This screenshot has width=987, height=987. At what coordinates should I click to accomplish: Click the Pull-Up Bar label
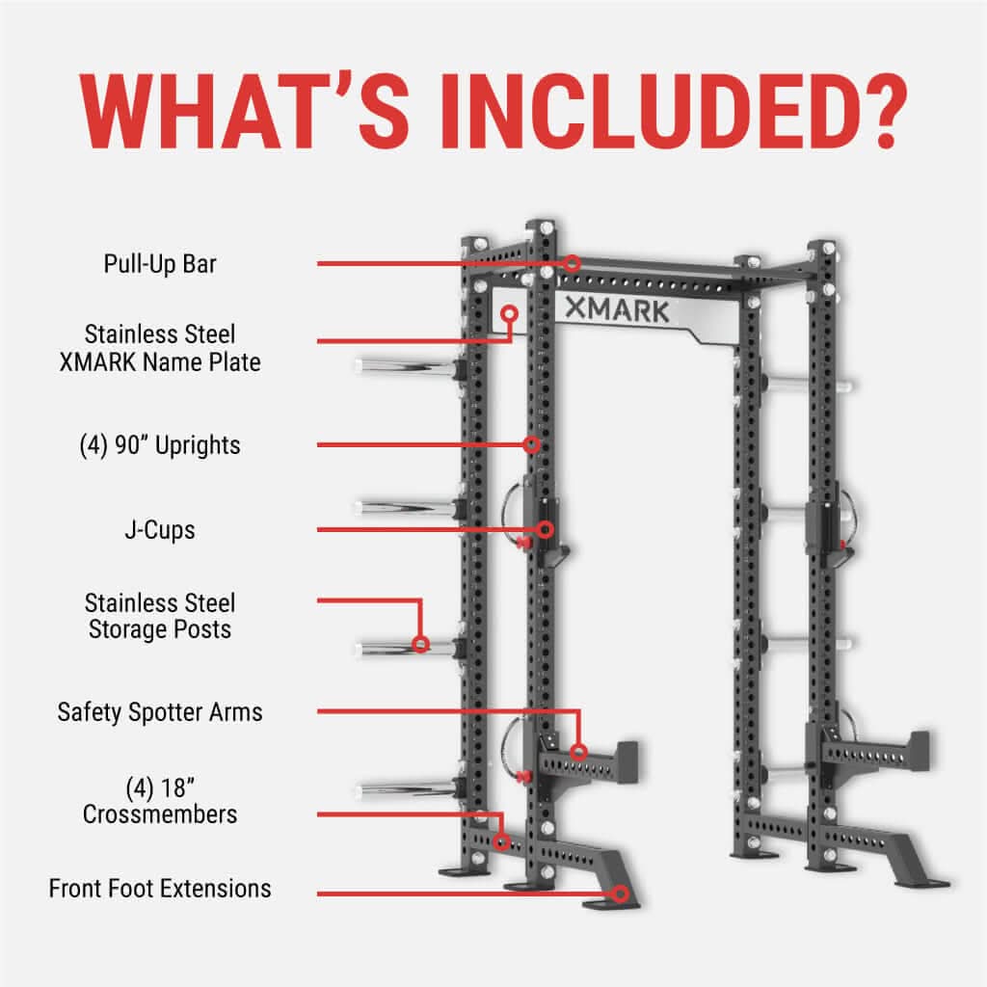pyautogui.click(x=160, y=263)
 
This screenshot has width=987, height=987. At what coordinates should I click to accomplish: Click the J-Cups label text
pyautogui.click(x=160, y=530)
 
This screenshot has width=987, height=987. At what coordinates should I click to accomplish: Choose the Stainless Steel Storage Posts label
pyautogui.click(x=160, y=616)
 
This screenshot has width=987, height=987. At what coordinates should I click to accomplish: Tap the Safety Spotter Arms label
pyautogui.click(x=160, y=712)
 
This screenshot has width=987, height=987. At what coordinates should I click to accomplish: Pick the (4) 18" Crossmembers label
pyautogui.click(x=160, y=801)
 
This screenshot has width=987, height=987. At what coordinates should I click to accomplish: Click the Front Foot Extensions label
pyautogui.click(x=160, y=888)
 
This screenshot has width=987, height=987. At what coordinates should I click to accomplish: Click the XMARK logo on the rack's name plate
pyautogui.click(x=615, y=310)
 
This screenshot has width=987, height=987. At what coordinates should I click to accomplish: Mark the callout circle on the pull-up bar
pyautogui.click(x=573, y=262)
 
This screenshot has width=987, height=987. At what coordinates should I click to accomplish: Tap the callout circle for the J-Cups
pyautogui.click(x=546, y=529)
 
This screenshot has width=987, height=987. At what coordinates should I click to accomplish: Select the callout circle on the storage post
pyautogui.click(x=420, y=643)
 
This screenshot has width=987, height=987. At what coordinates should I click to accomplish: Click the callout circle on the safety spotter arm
pyautogui.click(x=578, y=752)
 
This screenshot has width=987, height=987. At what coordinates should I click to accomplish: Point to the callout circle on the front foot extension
pyautogui.click(x=620, y=894)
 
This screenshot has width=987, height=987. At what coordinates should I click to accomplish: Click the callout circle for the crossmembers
pyautogui.click(x=500, y=841)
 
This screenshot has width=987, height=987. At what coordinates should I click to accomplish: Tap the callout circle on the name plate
pyautogui.click(x=510, y=313)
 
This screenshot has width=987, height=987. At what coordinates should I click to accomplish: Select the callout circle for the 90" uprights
pyautogui.click(x=531, y=444)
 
